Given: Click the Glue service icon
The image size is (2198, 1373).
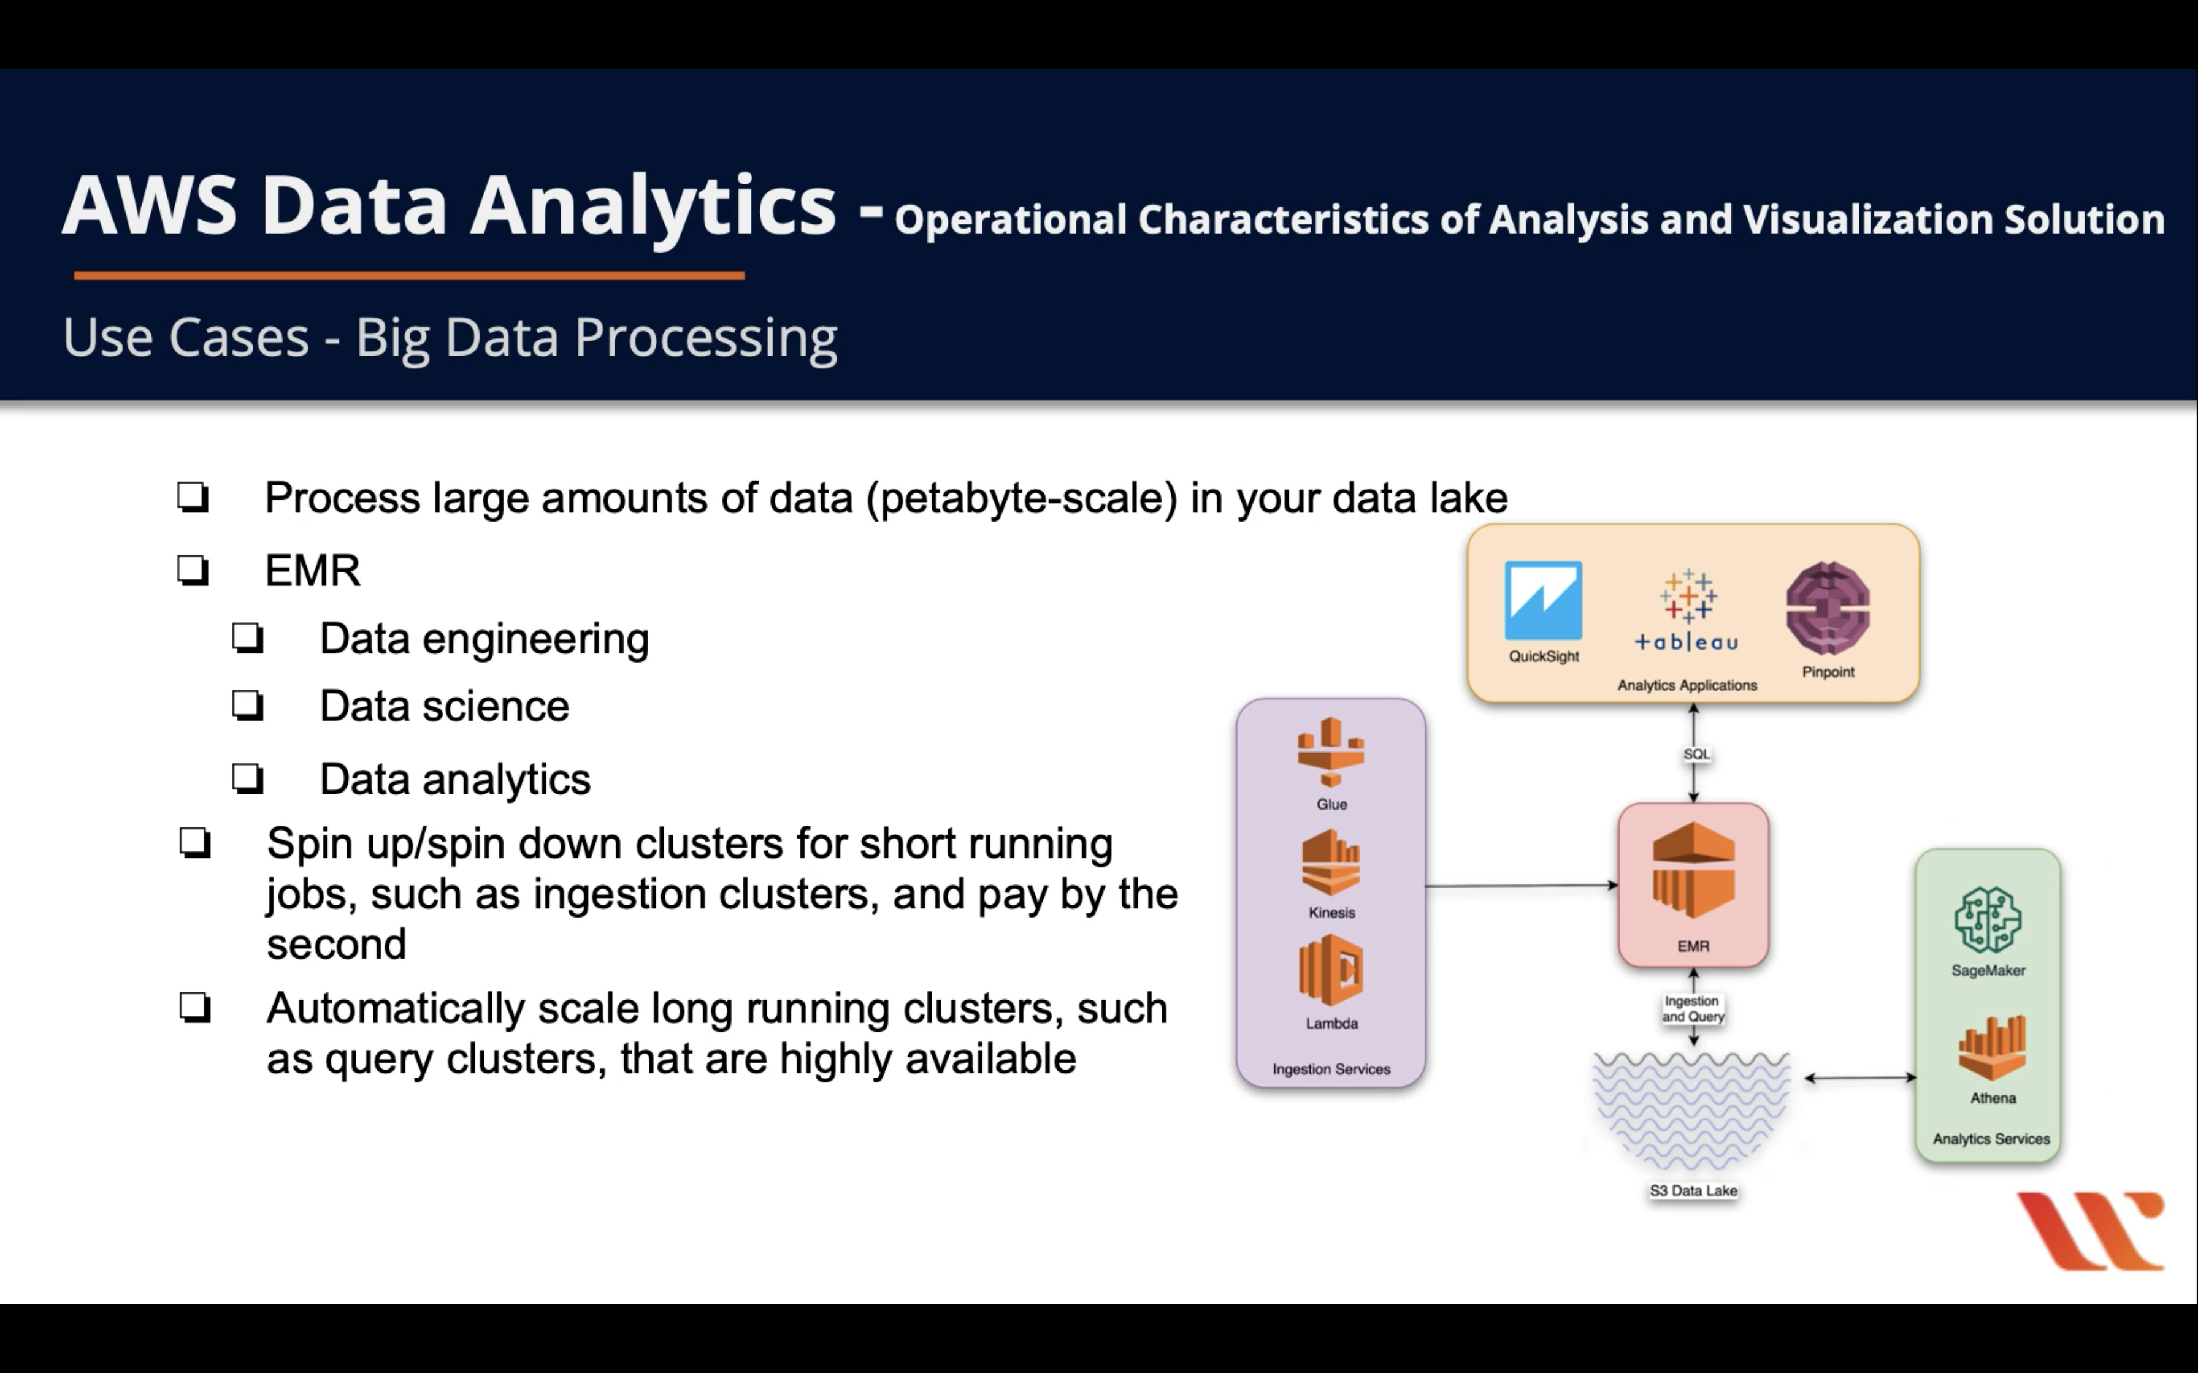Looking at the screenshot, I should coord(1331,752).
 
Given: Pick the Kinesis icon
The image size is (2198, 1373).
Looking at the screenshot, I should coord(1331,864).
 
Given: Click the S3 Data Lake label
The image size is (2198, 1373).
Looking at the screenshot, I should coord(1693,1190).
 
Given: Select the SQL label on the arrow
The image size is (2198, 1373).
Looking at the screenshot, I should coord(1696,754).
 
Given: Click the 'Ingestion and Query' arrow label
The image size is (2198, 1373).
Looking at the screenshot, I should coord(1692,1008).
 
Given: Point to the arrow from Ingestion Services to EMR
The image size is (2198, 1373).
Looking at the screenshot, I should coord(1522,885).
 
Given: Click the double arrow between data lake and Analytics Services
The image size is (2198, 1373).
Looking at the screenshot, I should coord(1860,1078).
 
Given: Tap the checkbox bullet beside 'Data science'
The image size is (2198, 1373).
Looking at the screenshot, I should coord(247,706).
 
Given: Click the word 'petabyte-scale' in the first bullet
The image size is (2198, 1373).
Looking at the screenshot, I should coord(1022,498).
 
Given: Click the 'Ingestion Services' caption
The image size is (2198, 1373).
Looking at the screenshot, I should coord(1331,1070).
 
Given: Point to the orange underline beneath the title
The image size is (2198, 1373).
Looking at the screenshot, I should coord(408,275).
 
